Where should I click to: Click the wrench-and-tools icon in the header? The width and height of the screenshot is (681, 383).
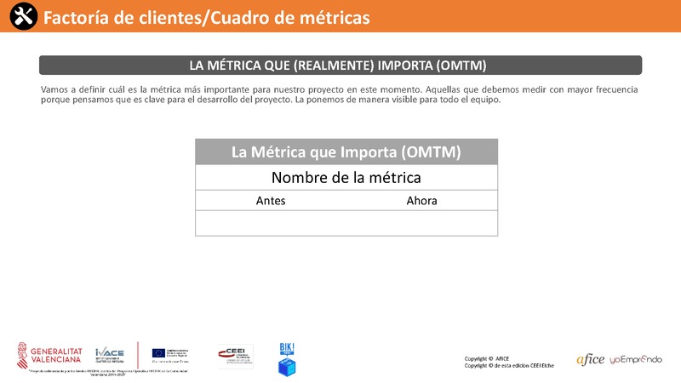click(19, 16)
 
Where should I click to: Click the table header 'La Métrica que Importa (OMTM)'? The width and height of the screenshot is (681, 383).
click(346, 152)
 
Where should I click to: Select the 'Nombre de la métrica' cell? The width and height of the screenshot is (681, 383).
click(346, 178)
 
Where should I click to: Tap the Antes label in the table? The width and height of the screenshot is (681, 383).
click(271, 201)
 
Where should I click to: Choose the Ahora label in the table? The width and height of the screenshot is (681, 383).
click(421, 201)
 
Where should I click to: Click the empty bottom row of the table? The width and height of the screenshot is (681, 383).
click(346, 223)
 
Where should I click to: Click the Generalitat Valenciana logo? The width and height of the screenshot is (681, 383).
click(56, 353)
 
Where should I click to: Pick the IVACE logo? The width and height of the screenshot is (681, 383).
click(111, 354)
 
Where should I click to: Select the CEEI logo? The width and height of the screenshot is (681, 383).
click(235, 356)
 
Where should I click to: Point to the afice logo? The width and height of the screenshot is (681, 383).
click(590, 359)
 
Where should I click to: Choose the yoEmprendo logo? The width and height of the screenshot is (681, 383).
click(636, 359)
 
